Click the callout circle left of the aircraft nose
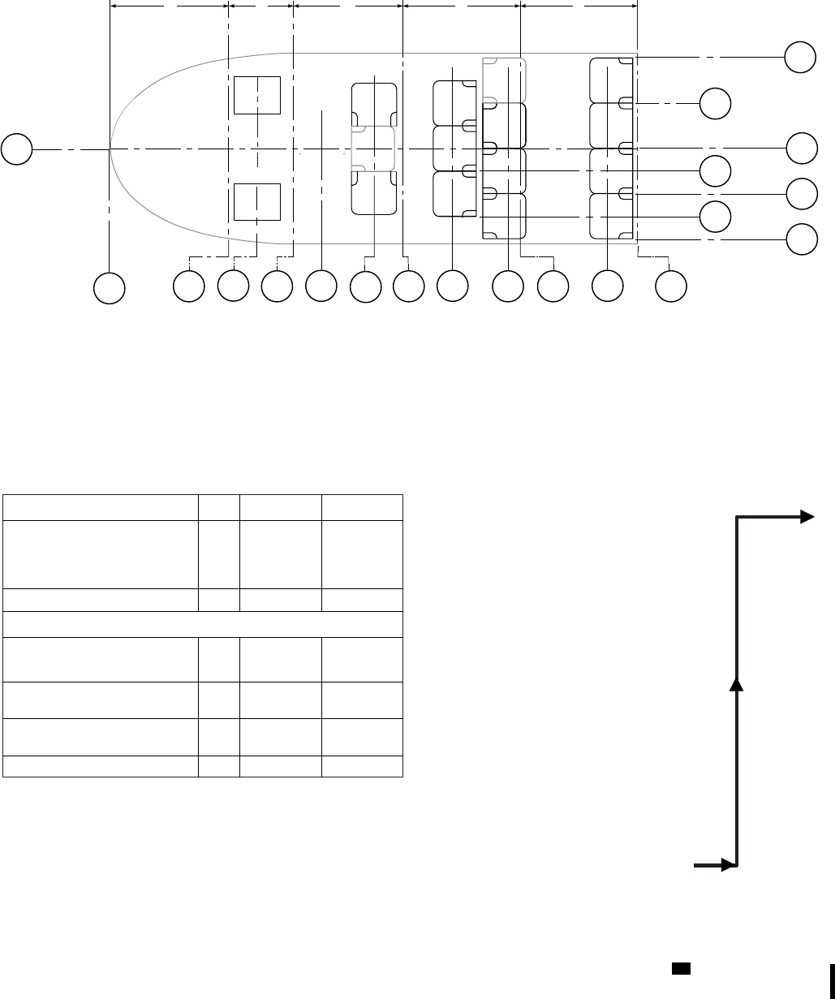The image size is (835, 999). coord(16,150)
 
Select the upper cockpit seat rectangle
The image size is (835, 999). coord(257,96)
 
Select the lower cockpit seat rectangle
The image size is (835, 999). coord(257,202)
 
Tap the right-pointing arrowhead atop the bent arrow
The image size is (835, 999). coord(807,516)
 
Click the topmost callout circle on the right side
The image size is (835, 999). coord(800,58)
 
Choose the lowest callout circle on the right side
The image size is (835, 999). coord(800,239)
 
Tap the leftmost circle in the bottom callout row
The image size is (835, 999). coord(110,288)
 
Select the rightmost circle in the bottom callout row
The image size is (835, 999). coord(671,286)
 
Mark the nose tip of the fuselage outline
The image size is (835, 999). coord(111,150)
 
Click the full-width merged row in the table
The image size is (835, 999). coord(203,625)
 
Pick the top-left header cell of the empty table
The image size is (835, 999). coord(101,507)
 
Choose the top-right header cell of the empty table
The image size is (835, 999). coord(362,507)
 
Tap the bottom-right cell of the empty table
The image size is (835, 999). coord(362,767)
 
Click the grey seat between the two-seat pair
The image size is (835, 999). coord(372,149)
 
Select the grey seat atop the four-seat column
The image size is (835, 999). coord(504,80)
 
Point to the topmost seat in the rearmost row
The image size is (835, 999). coord(611,80)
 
